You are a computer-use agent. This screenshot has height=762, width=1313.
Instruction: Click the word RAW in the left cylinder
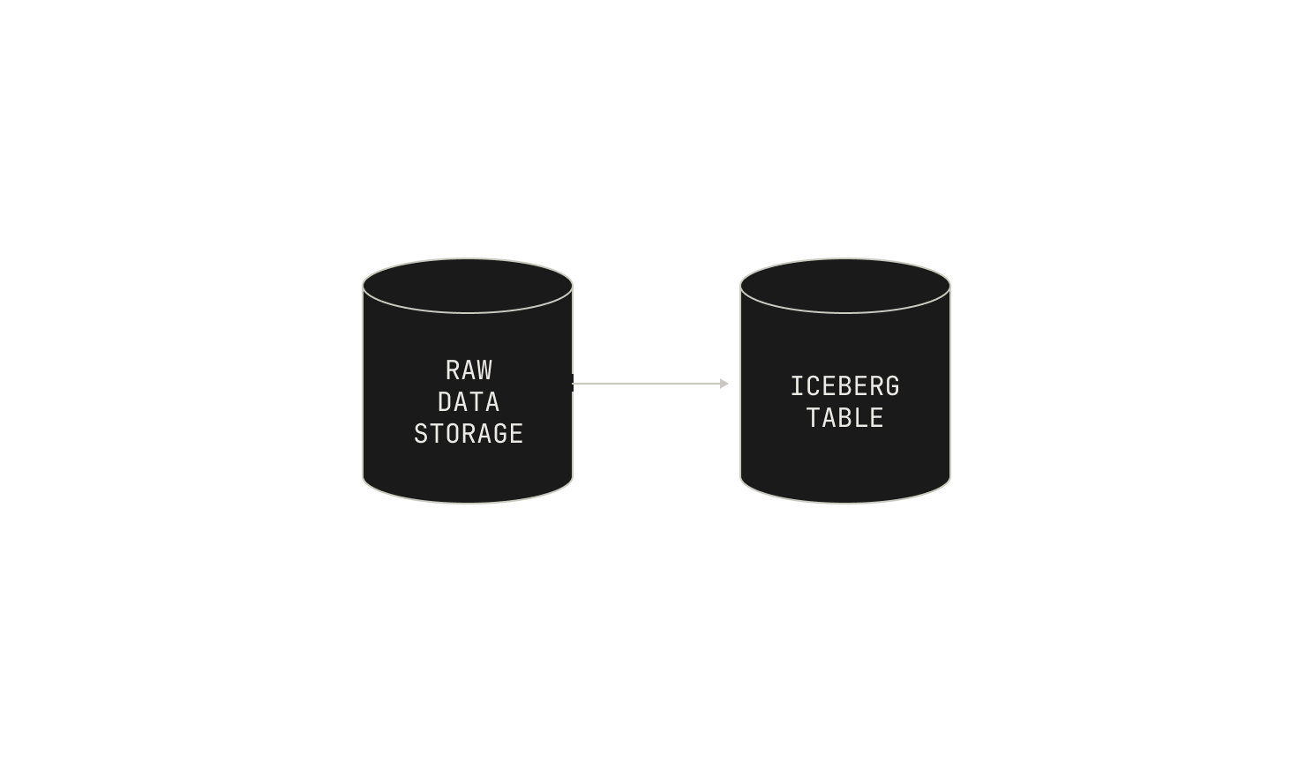coord(469,370)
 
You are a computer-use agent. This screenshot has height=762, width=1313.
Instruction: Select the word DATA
coord(469,402)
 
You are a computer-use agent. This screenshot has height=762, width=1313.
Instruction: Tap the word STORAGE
coord(469,434)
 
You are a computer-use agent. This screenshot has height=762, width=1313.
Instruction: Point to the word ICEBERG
coord(844,386)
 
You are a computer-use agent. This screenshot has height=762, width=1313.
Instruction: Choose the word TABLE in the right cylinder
coord(844,418)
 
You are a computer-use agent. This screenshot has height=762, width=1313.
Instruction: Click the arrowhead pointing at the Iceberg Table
coord(724,384)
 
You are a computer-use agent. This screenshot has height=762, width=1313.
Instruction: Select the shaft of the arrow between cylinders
coord(647,384)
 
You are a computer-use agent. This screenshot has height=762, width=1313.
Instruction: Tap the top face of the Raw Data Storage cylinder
coord(468,287)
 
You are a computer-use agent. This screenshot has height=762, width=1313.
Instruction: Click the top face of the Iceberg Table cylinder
coord(845,287)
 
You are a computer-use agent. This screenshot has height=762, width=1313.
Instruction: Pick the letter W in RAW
coord(484,370)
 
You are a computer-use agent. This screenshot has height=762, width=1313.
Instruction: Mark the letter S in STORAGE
coord(421,434)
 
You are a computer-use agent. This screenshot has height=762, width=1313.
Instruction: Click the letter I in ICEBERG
coord(797,386)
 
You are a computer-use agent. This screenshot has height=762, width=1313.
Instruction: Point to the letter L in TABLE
coord(861,418)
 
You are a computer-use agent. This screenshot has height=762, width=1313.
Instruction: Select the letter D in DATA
coord(445,402)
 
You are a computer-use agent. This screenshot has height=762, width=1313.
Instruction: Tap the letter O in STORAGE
coord(453,434)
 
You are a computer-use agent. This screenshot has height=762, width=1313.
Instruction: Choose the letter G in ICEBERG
coord(892,386)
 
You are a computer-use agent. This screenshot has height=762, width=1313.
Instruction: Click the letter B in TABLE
coord(845,418)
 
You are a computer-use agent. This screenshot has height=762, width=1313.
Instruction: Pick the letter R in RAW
coord(453,370)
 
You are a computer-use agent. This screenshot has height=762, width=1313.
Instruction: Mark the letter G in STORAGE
coord(500,434)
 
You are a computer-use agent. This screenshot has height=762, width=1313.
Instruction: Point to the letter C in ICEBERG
coord(813,386)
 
